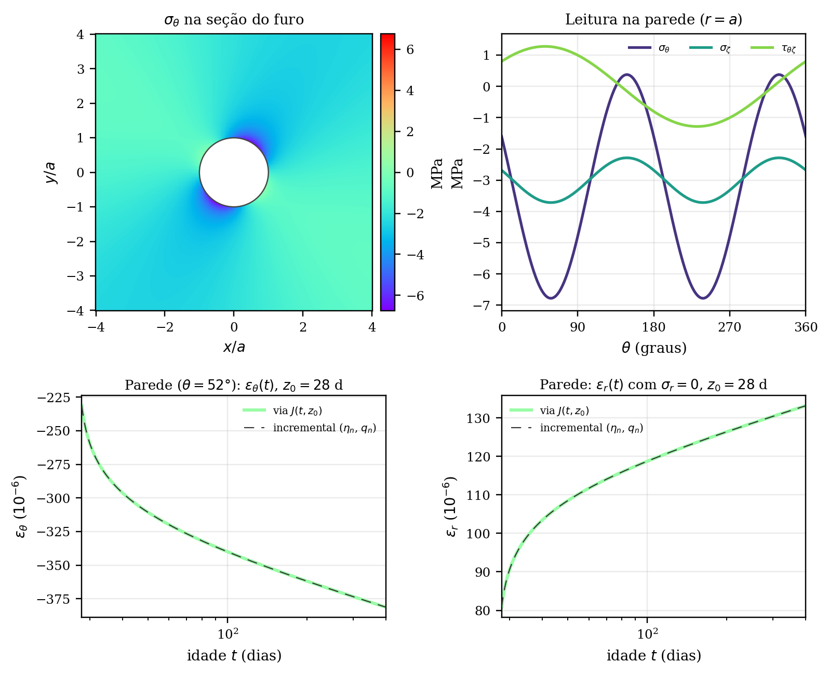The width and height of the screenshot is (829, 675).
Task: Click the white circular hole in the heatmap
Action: pyautogui.click(x=234, y=172)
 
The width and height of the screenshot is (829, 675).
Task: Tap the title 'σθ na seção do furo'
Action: pyautogui.click(x=234, y=19)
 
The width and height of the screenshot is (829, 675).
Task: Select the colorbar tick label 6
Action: pyautogui.click(x=410, y=50)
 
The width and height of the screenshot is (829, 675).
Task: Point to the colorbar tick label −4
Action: pyautogui.click(x=415, y=255)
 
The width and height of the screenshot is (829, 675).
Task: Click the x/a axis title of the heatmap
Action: pyautogui.click(x=234, y=347)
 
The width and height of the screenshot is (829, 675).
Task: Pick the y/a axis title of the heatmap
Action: pyautogui.click(x=51, y=173)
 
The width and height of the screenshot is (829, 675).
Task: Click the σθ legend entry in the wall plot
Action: pyautogui.click(x=649, y=48)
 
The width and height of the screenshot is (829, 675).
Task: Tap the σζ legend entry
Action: pyautogui.click(x=710, y=48)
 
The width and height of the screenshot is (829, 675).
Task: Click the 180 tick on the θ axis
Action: pyautogui.click(x=653, y=327)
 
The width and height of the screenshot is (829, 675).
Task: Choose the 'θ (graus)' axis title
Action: pyautogui.click(x=654, y=348)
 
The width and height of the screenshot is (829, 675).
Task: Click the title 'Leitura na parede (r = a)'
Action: pyautogui.click(x=653, y=19)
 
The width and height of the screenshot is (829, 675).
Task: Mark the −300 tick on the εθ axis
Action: pyautogui.click(x=54, y=498)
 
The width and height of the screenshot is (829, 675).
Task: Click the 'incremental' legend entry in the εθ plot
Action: pyautogui.click(x=310, y=428)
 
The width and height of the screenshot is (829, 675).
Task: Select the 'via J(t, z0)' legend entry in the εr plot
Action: pyautogui.click(x=549, y=411)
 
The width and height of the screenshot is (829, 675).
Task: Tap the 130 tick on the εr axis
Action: pyautogui.click(x=478, y=418)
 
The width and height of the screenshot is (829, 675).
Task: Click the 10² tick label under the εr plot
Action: pyautogui.click(x=647, y=634)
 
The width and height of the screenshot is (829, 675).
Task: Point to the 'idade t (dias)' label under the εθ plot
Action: pyautogui.click(x=234, y=656)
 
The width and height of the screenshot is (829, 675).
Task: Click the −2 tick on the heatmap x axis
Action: pyautogui.click(x=165, y=327)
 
